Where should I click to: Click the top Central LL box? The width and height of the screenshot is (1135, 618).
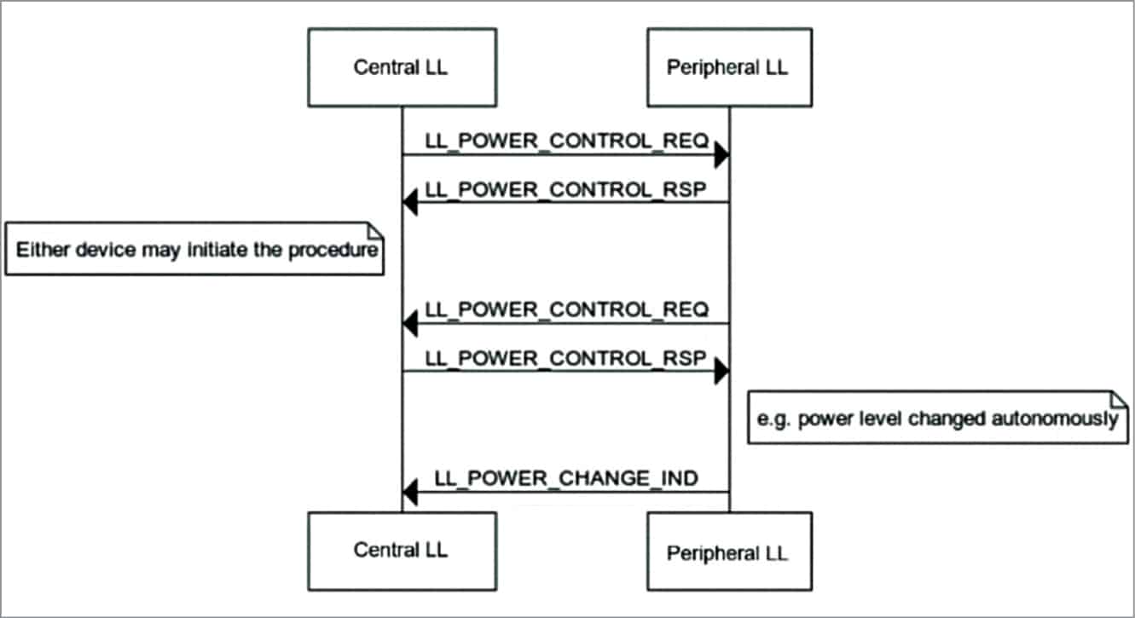(402, 68)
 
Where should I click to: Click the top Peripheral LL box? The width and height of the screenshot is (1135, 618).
(728, 68)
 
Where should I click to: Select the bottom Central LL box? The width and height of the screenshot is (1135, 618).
(402, 551)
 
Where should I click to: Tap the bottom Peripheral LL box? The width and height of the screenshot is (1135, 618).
(728, 552)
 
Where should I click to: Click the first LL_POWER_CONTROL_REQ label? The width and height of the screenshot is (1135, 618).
(566, 141)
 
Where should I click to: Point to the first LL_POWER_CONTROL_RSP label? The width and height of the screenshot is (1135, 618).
(566, 188)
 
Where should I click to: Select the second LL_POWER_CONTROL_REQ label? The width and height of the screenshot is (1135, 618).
(566, 309)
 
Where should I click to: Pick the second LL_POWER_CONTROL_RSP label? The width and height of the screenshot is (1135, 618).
(566, 357)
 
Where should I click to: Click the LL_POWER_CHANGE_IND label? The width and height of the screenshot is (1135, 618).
(566, 478)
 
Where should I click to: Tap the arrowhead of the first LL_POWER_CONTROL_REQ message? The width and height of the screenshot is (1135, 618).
(721, 155)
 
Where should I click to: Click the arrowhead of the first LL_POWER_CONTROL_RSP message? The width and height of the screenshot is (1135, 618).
(410, 203)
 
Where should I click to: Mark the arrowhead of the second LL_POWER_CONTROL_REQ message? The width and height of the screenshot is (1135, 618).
(410, 323)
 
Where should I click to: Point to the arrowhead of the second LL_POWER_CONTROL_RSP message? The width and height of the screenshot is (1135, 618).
(721, 372)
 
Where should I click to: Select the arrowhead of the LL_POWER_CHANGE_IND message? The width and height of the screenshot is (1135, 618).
(410, 492)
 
